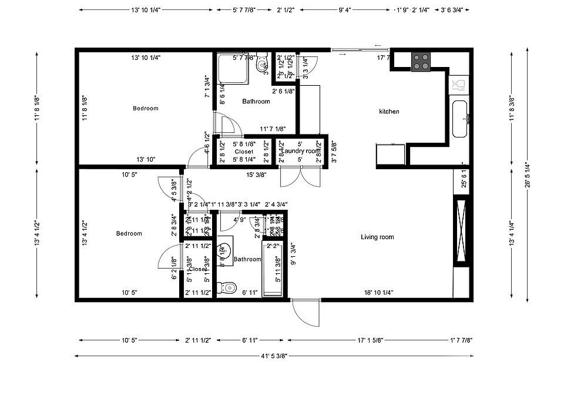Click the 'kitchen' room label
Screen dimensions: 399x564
[389, 112]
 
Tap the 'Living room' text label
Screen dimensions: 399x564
[377, 237]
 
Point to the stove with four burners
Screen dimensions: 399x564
[421, 61]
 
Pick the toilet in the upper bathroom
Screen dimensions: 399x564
[262, 64]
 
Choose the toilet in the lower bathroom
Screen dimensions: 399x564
[226, 288]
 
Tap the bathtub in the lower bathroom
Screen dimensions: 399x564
[272, 269]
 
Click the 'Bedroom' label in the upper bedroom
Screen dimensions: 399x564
[145, 108]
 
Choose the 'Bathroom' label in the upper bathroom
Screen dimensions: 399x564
[256, 102]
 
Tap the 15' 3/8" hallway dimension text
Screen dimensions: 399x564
[256, 175]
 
